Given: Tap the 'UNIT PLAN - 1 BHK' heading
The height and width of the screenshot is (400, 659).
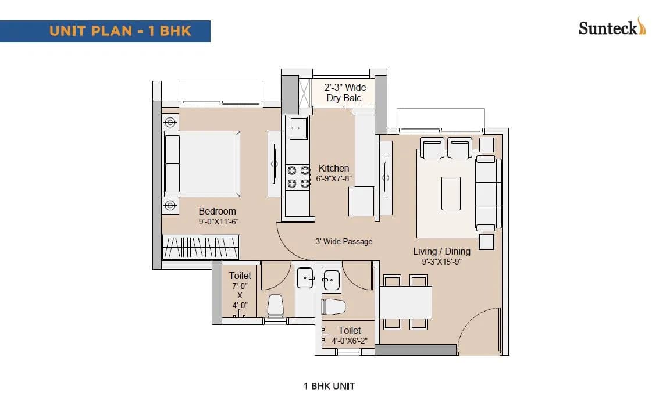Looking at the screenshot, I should pos(120,31).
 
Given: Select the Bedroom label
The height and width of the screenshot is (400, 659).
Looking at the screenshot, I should pos(218,211).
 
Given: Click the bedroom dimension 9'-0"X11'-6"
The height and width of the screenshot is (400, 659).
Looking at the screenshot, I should pos(218,222).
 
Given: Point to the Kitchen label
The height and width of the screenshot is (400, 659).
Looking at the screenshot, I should pos(334,168).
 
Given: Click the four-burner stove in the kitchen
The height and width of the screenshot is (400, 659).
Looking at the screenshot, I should pos(298,177).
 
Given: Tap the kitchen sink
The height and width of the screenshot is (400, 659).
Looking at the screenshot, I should pos(298,127).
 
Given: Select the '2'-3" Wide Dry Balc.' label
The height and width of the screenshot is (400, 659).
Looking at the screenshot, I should pos(345,93).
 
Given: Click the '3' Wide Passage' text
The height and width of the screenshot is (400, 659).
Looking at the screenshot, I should pos(344,241).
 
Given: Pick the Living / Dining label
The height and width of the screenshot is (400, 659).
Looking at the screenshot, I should pos(441,251).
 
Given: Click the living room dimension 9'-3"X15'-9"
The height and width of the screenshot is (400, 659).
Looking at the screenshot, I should pos(441,262).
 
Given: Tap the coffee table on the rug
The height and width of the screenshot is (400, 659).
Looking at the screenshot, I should pos(451,193).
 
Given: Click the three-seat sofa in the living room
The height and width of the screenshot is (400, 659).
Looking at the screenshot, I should pos(488,192).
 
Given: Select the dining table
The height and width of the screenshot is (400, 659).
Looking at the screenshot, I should pos(406,302).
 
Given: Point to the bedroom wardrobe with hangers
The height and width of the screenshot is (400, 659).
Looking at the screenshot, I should pos(201,247).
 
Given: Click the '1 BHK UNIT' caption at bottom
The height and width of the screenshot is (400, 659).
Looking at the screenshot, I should pos(329,385).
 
